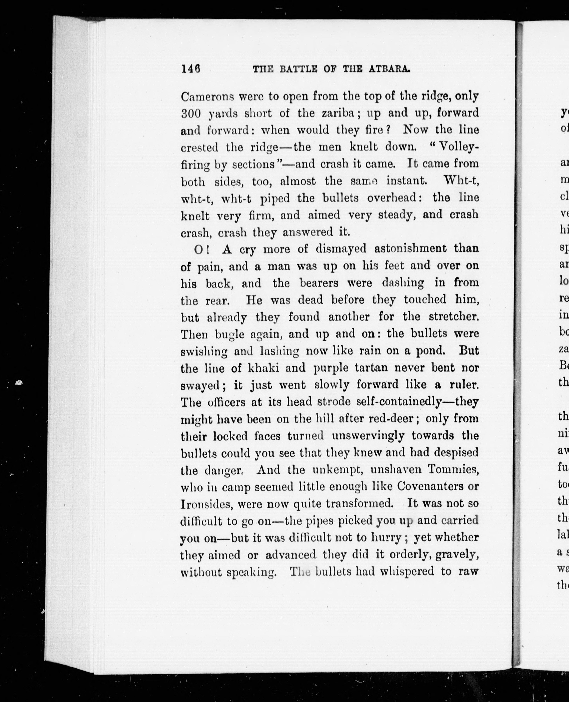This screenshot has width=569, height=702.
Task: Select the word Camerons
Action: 207,97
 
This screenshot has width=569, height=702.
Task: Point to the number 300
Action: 191,114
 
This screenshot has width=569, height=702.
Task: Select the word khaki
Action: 263,368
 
